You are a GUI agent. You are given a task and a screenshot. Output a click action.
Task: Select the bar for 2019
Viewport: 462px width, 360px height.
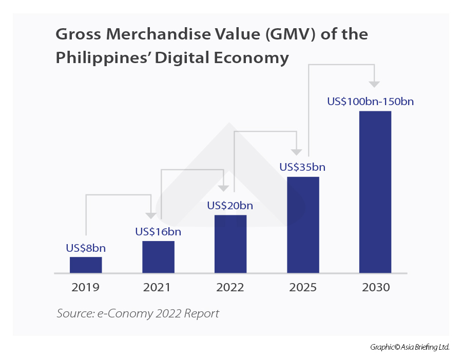click(86, 265)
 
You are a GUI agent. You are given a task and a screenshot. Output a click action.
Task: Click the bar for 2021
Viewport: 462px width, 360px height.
click(158, 256)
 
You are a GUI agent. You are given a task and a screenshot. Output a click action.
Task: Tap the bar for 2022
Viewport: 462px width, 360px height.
click(230, 244)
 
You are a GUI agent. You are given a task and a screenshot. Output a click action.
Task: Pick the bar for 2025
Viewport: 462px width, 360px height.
click(303, 225)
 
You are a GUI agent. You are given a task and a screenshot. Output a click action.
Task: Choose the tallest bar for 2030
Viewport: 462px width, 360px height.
click(375, 192)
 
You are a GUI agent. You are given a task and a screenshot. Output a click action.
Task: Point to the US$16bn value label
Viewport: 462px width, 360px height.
click(158, 232)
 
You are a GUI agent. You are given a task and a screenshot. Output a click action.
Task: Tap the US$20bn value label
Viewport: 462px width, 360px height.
click(230, 206)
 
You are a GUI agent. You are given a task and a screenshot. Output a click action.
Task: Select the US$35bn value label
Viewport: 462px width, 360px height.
click(302, 167)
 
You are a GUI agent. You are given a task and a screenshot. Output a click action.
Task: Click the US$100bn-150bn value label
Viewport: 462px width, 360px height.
click(371, 102)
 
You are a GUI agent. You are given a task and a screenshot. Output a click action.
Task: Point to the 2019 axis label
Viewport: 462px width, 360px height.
click(86, 288)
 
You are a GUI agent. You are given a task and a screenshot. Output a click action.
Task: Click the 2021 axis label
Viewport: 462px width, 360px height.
click(157, 288)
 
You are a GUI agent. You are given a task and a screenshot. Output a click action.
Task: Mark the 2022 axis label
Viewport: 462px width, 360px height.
click(230, 288)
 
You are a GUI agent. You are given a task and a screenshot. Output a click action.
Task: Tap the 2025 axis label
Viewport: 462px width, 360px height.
click(302, 288)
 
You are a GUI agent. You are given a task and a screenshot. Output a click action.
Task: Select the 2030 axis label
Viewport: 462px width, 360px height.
click(375, 288)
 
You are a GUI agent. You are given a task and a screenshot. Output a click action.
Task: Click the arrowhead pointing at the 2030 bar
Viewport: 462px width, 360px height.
click(375, 84)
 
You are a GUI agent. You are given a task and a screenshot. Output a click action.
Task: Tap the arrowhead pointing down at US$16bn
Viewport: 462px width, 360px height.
click(150, 215)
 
